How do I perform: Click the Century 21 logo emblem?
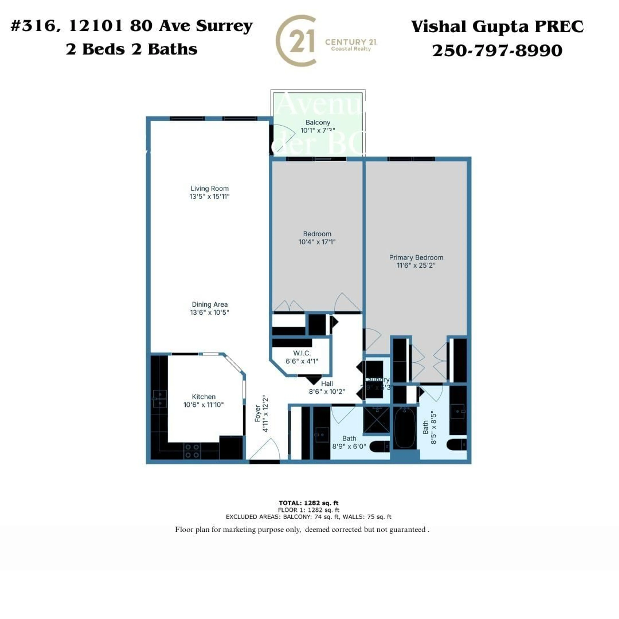coord(296,41)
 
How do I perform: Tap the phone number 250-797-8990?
coord(497,51)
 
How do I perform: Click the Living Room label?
coord(210,188)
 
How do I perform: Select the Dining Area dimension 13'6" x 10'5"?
coord(210,312)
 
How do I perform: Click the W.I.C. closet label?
coord(302,353)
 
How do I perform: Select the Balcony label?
coord(318,122)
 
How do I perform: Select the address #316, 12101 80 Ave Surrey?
coord(131,26)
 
